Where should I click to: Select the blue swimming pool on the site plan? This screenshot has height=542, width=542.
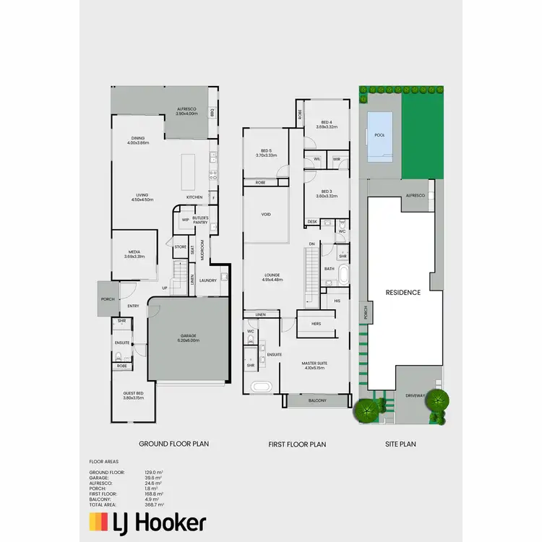click(380, 137)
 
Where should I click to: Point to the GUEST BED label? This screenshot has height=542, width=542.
click(134, 395)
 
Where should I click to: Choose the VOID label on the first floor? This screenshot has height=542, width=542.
click(266, 215)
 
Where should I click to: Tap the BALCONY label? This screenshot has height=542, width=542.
click(317, 400)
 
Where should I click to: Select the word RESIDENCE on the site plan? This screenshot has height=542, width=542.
click(403, 293)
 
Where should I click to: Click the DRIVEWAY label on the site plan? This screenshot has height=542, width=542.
click(415, 395)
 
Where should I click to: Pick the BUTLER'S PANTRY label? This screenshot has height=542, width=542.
click(200, 220)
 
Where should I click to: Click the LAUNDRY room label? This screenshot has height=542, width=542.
click(208, 281)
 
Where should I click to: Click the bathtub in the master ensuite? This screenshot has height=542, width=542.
click(262, 387)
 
